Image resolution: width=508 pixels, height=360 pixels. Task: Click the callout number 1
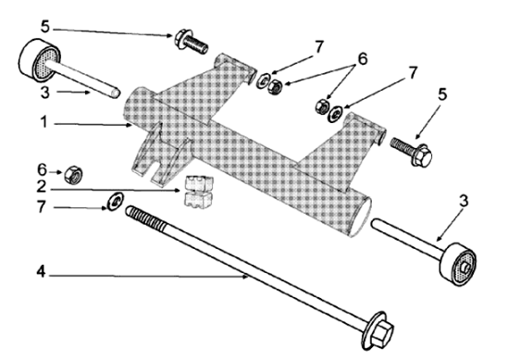[x=44, y=122]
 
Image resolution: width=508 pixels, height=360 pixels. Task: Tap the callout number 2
[x=42, y=186]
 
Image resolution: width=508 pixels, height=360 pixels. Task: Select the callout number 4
[x=41, y=271]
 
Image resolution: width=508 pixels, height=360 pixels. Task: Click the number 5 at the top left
[x=45, y=27]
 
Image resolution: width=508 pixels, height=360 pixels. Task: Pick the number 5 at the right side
[x=442, y=94]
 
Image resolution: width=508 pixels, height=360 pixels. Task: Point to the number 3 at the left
[x=45, y=92]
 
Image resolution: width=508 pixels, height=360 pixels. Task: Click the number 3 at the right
[x=464, y=201]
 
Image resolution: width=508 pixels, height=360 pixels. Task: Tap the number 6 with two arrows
[x=363, y=59]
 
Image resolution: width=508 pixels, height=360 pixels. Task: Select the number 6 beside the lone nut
[x=42, y=169]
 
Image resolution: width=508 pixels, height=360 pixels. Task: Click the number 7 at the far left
[x=41, y=206]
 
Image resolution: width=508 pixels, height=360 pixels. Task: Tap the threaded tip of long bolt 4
[x=129, y=210]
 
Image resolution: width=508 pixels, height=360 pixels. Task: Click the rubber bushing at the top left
[x=38, y=61]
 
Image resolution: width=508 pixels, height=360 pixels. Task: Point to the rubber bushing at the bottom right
[x=458, y=264]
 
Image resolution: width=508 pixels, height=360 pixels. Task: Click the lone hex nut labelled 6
[x=73, y=174]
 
